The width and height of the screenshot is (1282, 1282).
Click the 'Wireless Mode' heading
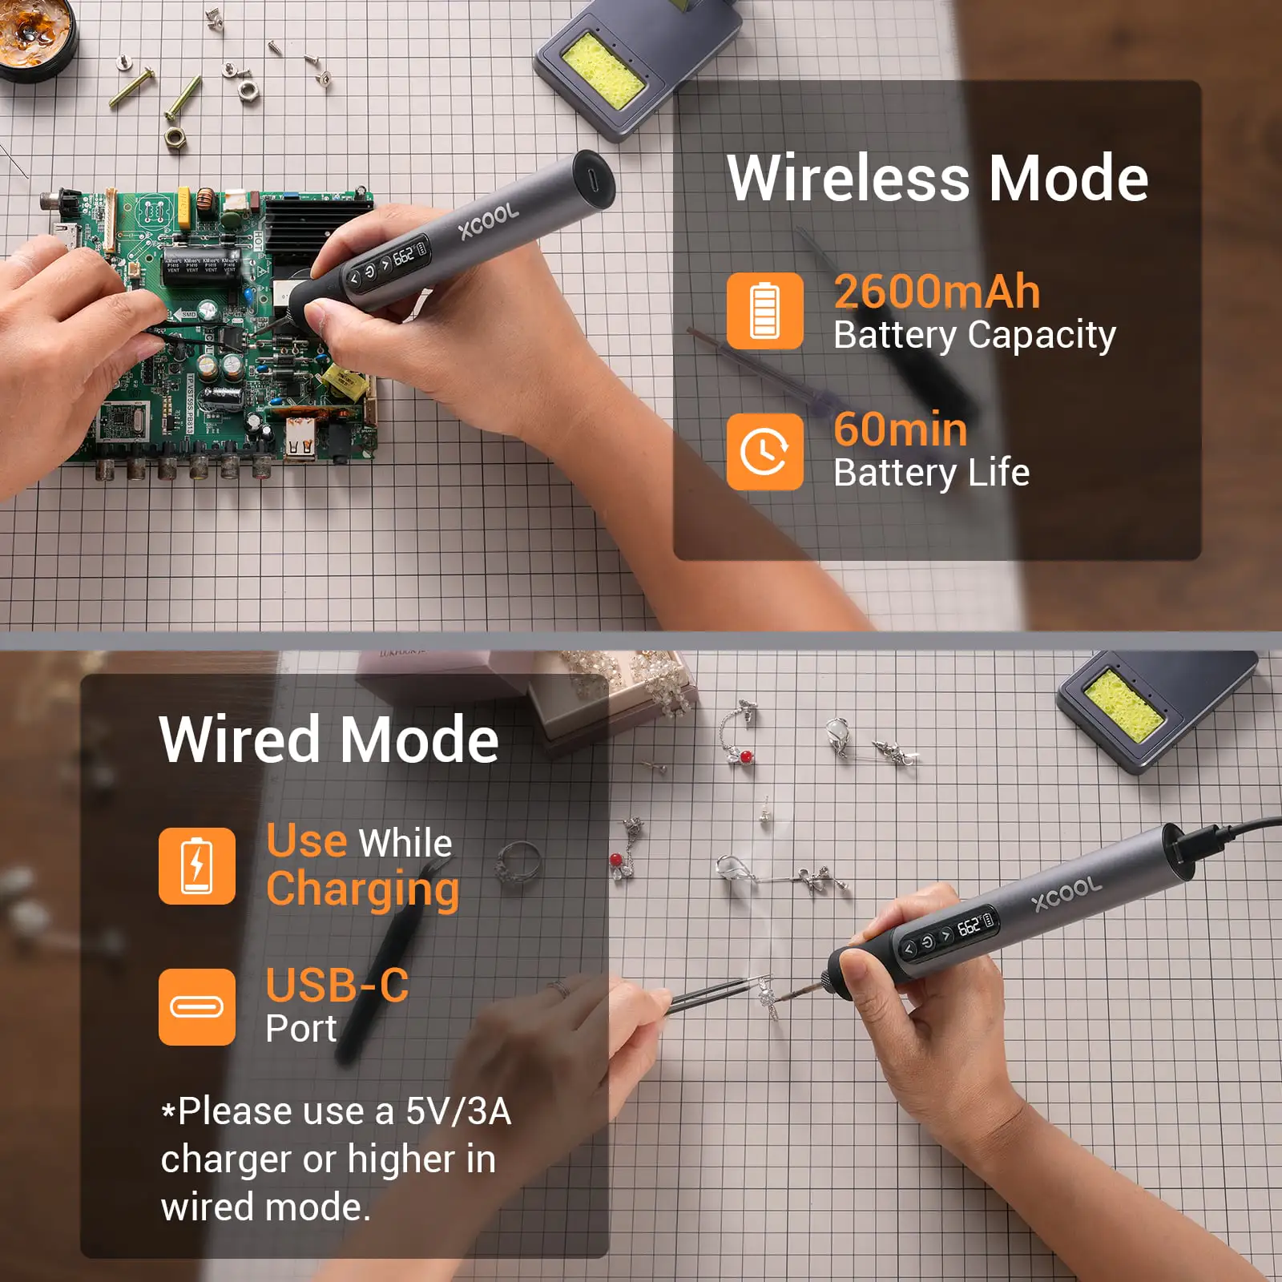(937, 178)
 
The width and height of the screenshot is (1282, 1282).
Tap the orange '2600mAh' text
(937, 292)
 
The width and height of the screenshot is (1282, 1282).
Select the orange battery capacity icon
(765, 311)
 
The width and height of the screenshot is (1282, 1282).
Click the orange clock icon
(765, 451)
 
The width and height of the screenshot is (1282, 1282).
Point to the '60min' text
(901, 429)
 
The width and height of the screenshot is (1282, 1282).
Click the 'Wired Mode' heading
(329, 740)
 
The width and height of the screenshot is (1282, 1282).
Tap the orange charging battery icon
(197, 866)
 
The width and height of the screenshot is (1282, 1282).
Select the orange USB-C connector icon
(197, 1006)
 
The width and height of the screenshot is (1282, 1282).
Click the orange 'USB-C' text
(337, 986)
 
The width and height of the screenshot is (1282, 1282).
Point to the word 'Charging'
(363, 890)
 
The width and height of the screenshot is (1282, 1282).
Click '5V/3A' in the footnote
(458, 1111)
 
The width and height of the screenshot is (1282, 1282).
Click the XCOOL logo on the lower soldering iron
(1066, 895)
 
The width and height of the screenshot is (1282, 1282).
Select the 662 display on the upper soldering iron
(404, 256)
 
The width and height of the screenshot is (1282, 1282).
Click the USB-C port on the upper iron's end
(593, 175)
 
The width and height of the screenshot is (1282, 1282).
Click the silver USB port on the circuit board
(300, 443)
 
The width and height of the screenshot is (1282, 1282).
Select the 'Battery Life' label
(931, 473)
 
